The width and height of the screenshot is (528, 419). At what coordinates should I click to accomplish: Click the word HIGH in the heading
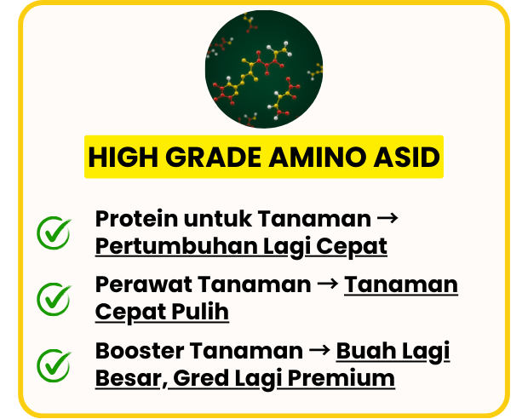(x=123, y=157)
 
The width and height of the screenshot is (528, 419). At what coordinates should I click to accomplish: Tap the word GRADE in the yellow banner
(x=213, y=157)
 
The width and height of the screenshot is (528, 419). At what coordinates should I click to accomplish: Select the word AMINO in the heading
(x=317, y=157)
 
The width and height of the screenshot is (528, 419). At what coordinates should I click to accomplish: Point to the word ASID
(x=406, y=157)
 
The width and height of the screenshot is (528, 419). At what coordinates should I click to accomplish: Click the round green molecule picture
(x=264, y=69)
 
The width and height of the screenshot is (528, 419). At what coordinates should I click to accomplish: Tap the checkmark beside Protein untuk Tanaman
(x=54, y=232)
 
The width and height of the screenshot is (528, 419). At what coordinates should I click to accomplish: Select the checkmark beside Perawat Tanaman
(x=54, y=299)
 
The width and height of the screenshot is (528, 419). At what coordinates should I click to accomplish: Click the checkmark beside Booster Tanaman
(x=54, y=365)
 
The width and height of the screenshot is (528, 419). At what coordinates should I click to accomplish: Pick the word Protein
(x=136, y=219)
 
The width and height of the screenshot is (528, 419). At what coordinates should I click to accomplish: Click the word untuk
(x=217, y=219)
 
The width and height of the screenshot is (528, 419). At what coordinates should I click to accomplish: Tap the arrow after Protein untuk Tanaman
(x=387, y=218)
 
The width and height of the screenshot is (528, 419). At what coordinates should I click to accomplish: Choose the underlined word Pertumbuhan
(x=176, y=246)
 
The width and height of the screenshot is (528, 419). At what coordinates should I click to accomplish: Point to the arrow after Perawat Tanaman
(x=328, y=284)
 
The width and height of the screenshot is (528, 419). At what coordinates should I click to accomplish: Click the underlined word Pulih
(x=200, y=312)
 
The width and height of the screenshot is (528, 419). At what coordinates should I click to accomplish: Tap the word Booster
(x=139, y=351)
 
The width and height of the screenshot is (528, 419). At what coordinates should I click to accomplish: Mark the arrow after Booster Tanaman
(x=319, y=350)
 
